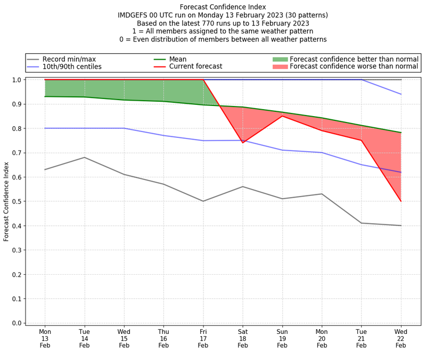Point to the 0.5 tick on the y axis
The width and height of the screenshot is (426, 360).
[x=17, y=201]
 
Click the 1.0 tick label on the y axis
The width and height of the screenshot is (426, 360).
[x=17, y=80]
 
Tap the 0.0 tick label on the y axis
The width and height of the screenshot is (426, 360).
[x=17, y=323]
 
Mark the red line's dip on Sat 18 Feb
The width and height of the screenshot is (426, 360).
[x=243, y=143]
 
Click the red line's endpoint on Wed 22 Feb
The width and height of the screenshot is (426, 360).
[x=401, y=201]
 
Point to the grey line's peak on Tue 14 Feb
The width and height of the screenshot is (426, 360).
[x=84, y=157]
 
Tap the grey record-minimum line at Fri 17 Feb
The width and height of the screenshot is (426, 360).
[x=203, y=201]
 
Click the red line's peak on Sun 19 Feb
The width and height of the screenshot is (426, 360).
[x=282, y=116]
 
